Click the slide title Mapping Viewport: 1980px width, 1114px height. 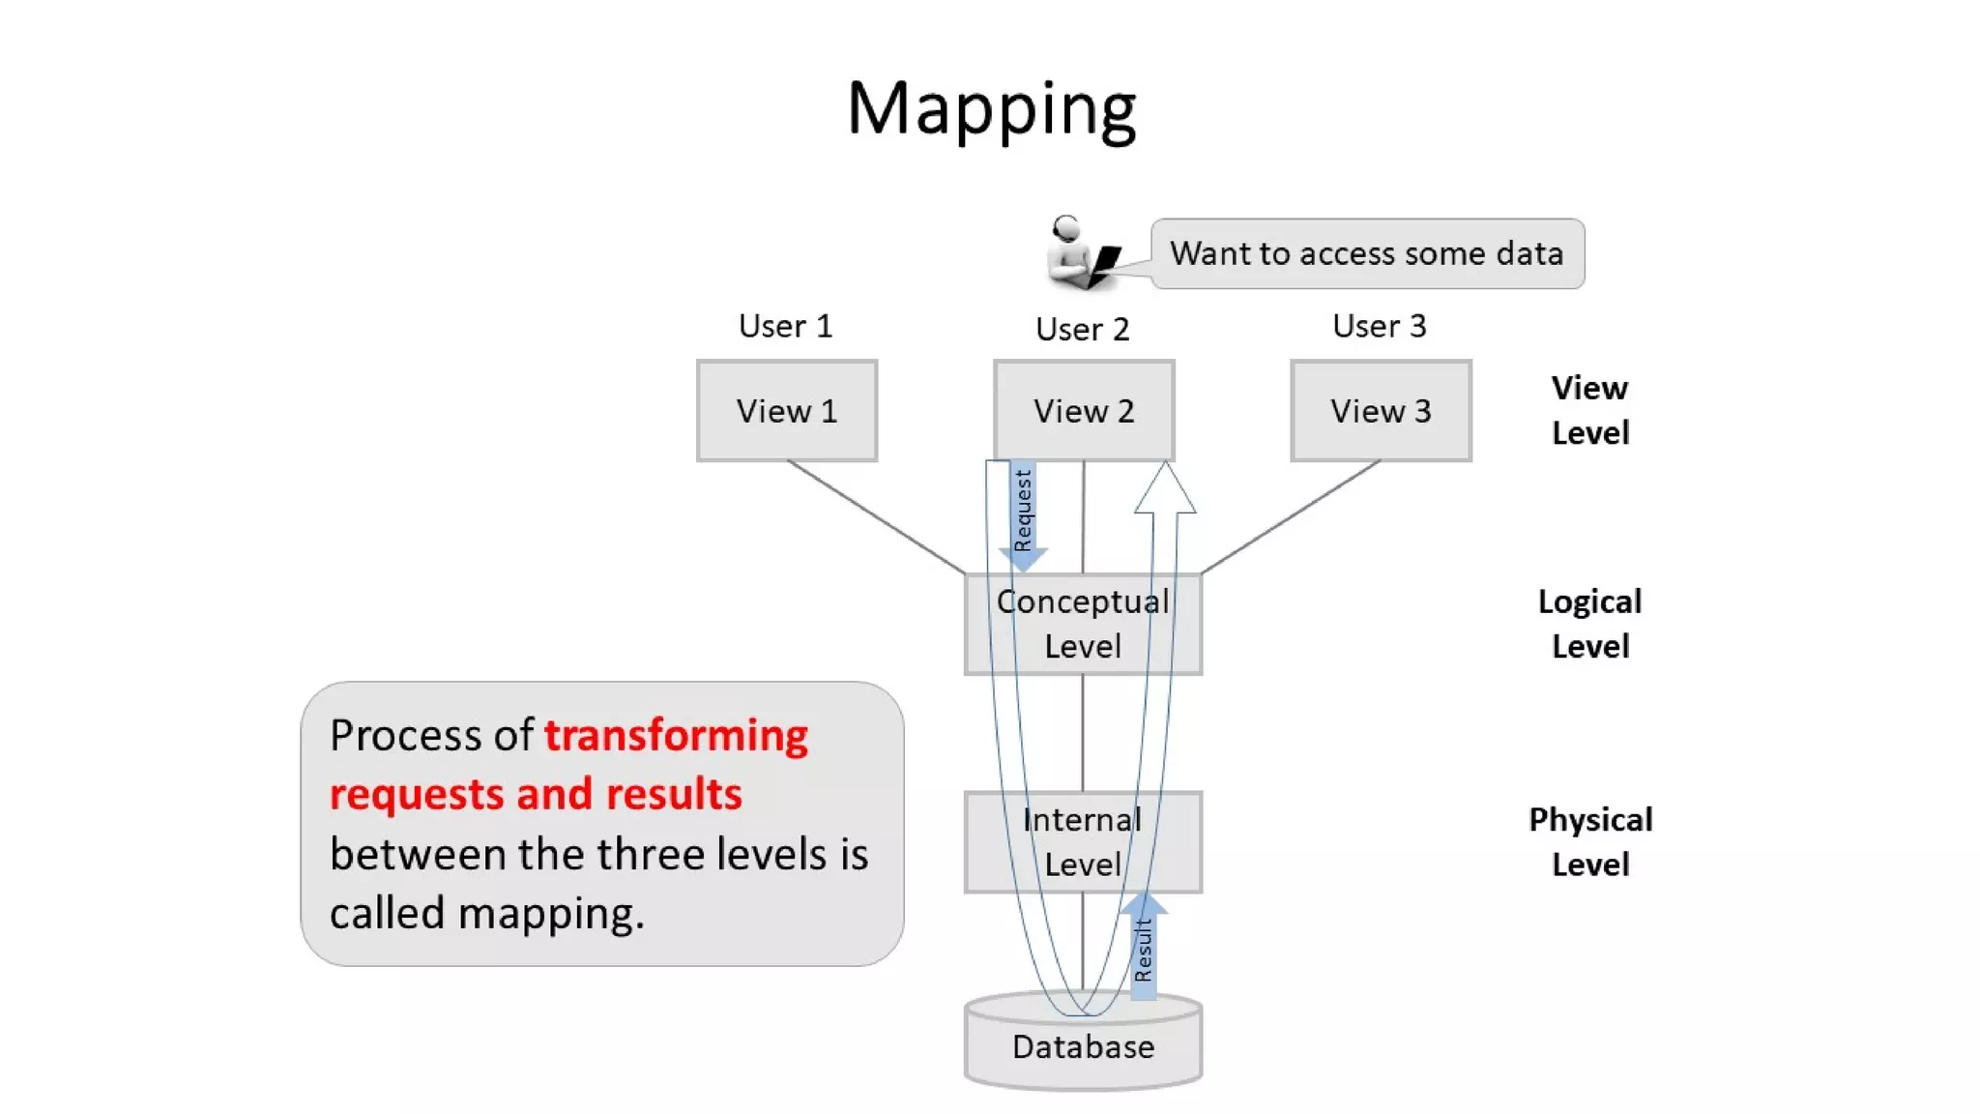(991, 108)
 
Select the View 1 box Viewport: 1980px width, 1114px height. (786, 411)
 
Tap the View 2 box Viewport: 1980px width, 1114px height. (1083, 411)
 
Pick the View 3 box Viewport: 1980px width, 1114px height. (1381, 411)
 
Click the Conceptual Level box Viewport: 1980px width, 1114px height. (1083, 624)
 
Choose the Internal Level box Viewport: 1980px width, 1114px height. (1083, 841)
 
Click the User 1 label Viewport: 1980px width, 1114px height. (785, 326)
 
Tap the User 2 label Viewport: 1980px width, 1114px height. (1082, 329)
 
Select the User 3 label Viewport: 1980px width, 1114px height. (1379, 326)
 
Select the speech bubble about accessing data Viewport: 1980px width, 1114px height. (1367, 253)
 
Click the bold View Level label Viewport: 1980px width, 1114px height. (1589, 410)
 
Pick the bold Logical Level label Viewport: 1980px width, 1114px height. (1589, 624)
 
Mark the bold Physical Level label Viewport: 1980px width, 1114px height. (1589, 841)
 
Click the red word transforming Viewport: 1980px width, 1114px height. (676, 736)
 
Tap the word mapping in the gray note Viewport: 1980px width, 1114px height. (550, 913)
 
